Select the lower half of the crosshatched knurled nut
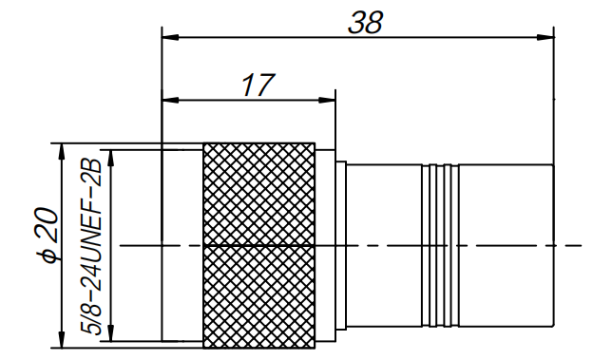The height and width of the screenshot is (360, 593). click(x=258, y=294)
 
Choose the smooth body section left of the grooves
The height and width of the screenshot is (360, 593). click(x=385, y=245)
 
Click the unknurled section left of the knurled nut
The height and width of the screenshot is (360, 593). click(x=182, y=245)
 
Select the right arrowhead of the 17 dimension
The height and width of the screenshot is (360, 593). click(x=329, y=98)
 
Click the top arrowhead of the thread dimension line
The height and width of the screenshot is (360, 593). click(x=111, y=155)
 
